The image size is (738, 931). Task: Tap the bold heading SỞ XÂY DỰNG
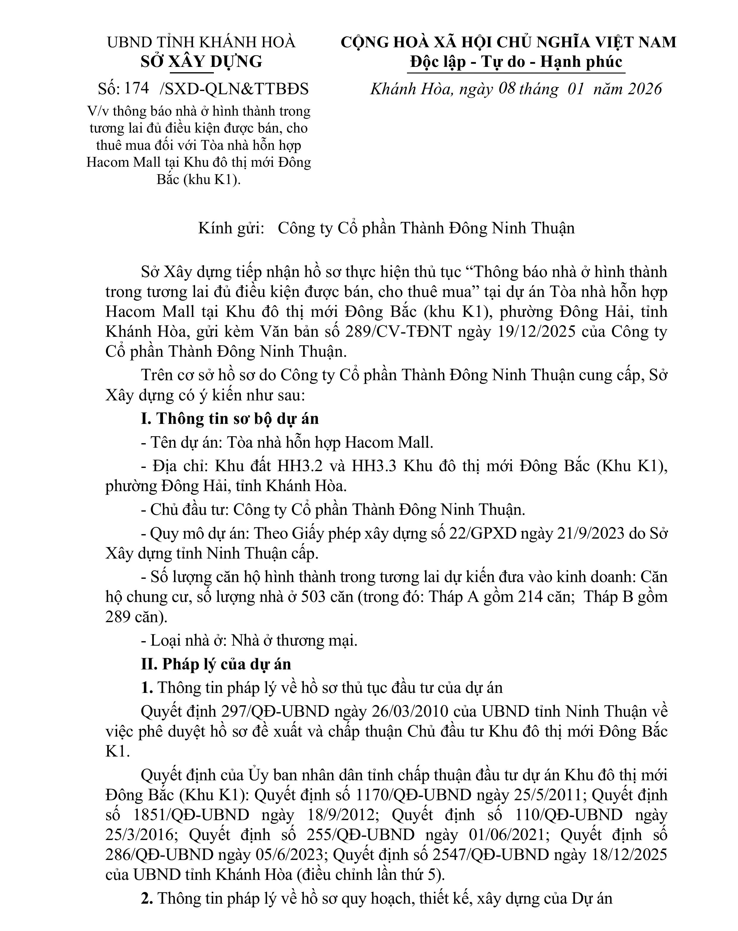201,62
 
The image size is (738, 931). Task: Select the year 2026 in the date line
645,89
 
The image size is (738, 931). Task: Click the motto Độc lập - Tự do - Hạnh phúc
516,62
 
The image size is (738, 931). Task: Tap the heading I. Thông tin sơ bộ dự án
230,419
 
